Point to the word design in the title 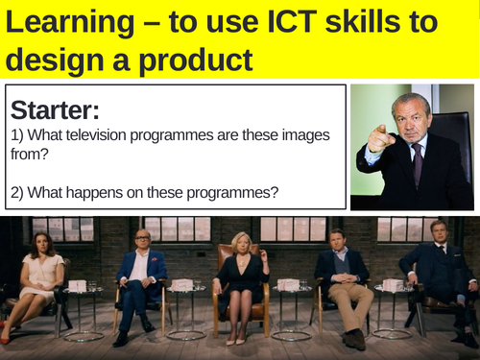point(58,59)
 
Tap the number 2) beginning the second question point(21,192)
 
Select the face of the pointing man point(411,119)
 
